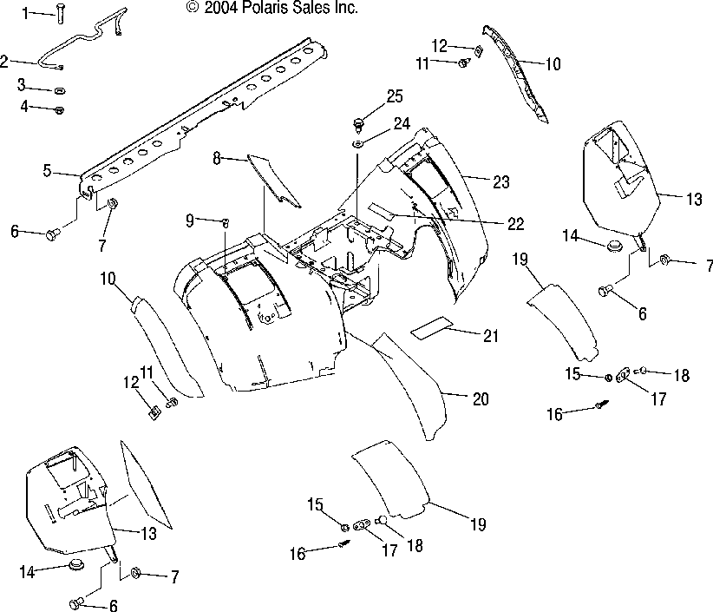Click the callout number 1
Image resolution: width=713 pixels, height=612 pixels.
pos(25,13)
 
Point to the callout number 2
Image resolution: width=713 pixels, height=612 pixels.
pos(4,61)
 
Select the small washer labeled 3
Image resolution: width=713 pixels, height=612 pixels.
pos(60,91)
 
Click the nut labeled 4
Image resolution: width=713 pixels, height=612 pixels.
pos(60,110)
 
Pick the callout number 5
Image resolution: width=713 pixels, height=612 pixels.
pos(48,171)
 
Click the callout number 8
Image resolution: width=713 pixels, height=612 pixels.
pos(217,158)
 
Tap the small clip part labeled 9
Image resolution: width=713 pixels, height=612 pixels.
pos(225,222)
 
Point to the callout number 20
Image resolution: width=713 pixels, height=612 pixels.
pos(481,398)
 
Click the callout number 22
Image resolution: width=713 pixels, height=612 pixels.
pos(515,223)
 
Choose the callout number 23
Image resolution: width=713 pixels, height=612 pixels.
pos(501,182)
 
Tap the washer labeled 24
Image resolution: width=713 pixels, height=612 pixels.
pos(358,145)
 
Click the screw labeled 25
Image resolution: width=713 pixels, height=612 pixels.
pos(359,125)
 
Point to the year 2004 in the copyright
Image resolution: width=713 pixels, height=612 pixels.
pos(221,8)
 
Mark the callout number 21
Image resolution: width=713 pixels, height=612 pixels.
pos(491,336)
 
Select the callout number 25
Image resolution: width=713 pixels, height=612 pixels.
pos(395,96)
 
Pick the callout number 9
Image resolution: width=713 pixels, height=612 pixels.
pos(190,220)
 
